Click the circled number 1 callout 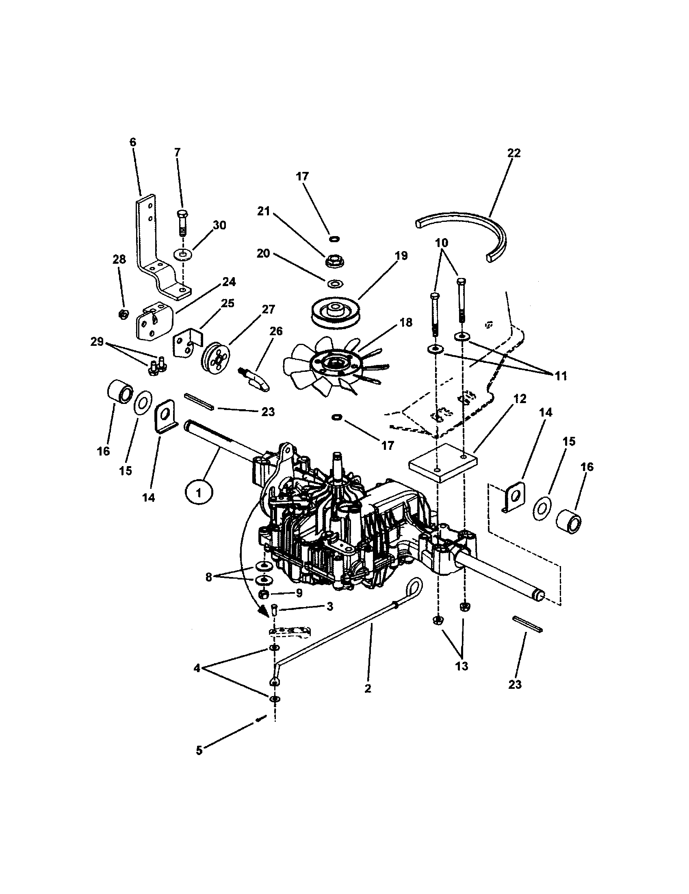point(199,493)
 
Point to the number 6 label point(132,142)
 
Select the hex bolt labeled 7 point(182,223)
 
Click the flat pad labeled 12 point(443,462)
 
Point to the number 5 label point(199,751)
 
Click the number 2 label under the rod point(368,688)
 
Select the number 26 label point(276,331)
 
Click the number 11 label point(561,376)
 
